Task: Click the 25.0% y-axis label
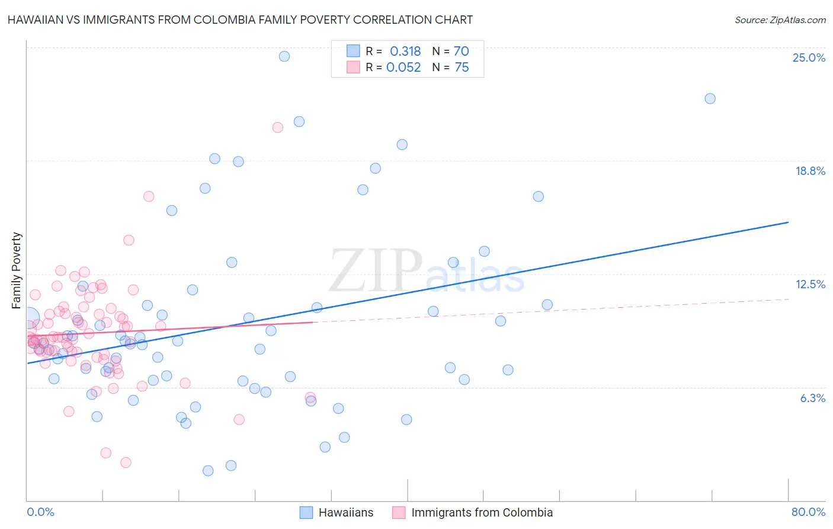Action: click(x=809, y=58)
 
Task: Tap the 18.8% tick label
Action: click(x=810, y=171)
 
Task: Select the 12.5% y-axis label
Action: click(x=810, y=284)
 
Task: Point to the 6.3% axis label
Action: click(x=812, y=398)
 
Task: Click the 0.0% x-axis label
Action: click(x=40, y=512)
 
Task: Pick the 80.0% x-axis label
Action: click(x=808, y=512)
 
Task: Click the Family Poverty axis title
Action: click(x=16, y=270)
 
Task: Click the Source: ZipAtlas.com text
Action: click(x=780, y=20)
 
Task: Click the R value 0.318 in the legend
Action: click(x=405, y=51)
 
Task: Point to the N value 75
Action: click(x=462, y=67)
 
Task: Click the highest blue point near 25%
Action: click(x=284, y=56)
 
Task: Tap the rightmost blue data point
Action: click(x=710, y=98)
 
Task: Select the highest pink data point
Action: click(x=277, y=128)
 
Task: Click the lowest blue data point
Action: click(x=208, y=470)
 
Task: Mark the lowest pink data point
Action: click(x=126, y=463)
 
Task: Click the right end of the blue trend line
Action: click(x=788, y=222)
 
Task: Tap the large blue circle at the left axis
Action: click(x=28, y=319)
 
